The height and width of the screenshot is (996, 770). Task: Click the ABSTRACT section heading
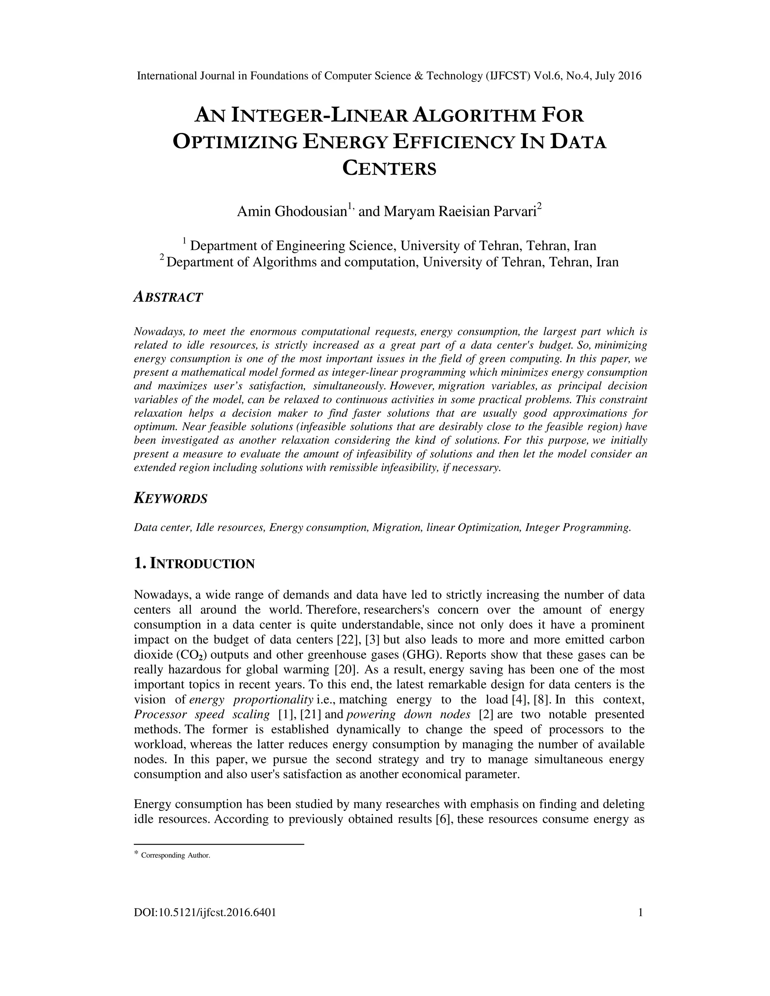(x=168, y=297)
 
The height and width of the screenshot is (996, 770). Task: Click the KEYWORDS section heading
(x=171, y=498)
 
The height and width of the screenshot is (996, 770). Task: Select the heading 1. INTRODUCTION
(x=194, y=564)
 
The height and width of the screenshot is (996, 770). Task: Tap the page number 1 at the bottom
(x=640, y=925)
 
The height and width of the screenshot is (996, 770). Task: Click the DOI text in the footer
(x=205, y=925)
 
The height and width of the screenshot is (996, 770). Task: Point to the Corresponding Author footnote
(x=175, y=855)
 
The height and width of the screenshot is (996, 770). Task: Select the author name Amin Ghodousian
(x=291, y=212)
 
